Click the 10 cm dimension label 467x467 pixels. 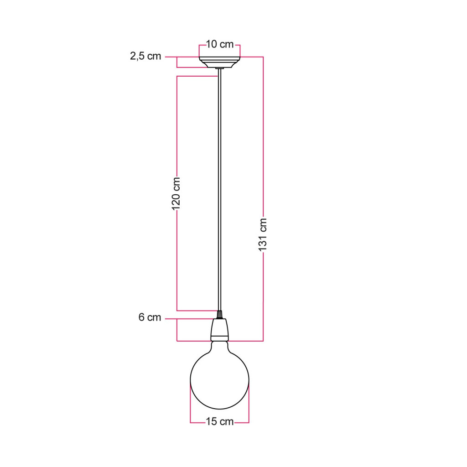(220, 44)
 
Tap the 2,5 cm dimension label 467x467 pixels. (145, 56)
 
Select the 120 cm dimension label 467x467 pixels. (176, 193)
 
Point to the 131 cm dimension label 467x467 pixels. (263, 235)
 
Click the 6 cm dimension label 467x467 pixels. (150, 317)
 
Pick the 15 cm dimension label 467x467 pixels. (220, 422)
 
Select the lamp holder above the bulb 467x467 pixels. (219, 330)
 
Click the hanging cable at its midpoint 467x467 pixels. (219, 191)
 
